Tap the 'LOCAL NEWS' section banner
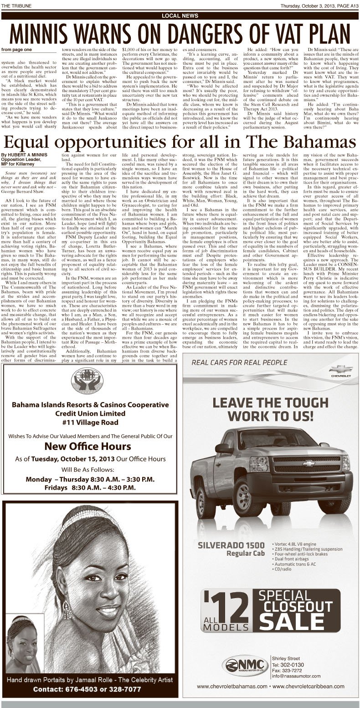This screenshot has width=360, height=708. (x=180, y=16)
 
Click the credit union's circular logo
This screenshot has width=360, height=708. (x=90, y=376)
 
